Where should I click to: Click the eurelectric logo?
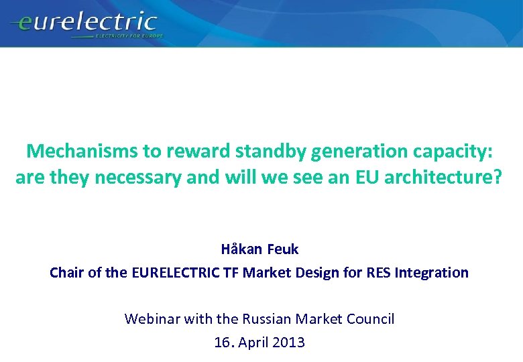tap(83, 24)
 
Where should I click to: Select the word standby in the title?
tap(270, 152)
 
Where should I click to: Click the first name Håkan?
tap(241, 249)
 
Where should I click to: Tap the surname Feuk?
tap(283, 249)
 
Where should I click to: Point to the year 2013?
tap(289, 343)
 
